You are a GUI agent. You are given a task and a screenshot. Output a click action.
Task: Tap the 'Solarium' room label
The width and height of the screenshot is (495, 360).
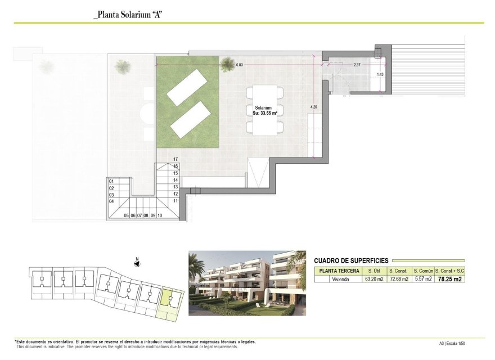[263, 107]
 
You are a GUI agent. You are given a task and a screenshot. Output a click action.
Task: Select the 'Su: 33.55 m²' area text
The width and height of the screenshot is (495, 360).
[263, 113]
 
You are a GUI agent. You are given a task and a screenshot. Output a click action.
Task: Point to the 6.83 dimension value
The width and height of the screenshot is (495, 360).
[239, 65]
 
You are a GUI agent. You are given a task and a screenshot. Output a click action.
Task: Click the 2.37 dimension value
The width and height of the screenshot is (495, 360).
[357, 65]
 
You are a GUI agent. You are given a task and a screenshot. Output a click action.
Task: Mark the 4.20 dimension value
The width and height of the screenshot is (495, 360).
[314, 107]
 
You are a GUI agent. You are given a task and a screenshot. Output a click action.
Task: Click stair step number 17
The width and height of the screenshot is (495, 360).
[175, 159]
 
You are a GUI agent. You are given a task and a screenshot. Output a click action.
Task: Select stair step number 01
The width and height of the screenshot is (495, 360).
[111, 181]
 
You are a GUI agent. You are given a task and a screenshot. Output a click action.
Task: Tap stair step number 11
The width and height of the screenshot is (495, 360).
[175, 200]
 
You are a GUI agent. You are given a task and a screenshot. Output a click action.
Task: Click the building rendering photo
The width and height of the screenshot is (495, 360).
[247, 283]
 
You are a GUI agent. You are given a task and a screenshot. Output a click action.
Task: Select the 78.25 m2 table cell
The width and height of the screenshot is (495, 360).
[450, 278]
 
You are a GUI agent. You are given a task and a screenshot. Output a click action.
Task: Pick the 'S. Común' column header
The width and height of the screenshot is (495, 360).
[422, 271]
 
